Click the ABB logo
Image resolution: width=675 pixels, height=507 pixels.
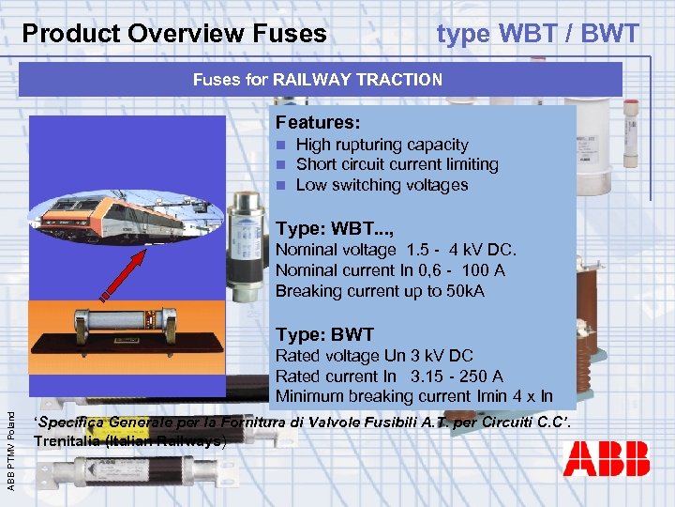(607, 459)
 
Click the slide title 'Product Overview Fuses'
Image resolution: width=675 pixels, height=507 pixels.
(174, 35)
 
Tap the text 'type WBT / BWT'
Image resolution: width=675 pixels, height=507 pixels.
(537, 35)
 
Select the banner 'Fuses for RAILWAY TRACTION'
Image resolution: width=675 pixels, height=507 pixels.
(318, 80)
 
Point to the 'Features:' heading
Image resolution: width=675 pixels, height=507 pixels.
(316, 123)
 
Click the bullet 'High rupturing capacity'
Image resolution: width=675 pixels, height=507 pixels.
(382, 145)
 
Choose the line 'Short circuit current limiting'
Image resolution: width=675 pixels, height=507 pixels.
(397, 164)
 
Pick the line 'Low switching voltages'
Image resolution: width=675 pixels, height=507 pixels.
(382, 185)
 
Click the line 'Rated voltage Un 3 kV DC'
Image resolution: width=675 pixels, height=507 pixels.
(374, 356)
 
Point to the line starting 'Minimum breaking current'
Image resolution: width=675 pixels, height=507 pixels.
(413, 396)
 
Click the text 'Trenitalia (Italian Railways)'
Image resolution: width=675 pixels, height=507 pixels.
(128, 440)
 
